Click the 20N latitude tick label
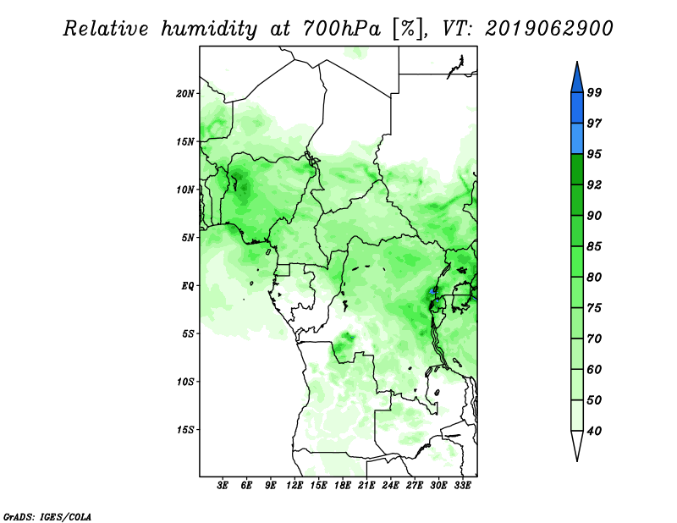pos(185,94)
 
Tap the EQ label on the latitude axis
pos(188,286)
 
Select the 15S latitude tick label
pos(185,430)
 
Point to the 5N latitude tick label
pos(188,238)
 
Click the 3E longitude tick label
pos(223,485)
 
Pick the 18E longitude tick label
pos(343,485)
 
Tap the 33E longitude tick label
pos(462,485)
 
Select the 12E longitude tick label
pos(294,485)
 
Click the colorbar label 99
pos(594,92)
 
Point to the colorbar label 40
pos(594,431)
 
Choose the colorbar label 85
pos(594,246)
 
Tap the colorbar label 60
pos(594,369)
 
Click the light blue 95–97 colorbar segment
pos(577,139)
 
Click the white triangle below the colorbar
pos(577,444)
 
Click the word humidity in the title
pos(209,29)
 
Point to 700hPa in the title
pos(342,29)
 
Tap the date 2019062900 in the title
pos(548,29)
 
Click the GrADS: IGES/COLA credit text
pos(47,516)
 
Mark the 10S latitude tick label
pos(185,382)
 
